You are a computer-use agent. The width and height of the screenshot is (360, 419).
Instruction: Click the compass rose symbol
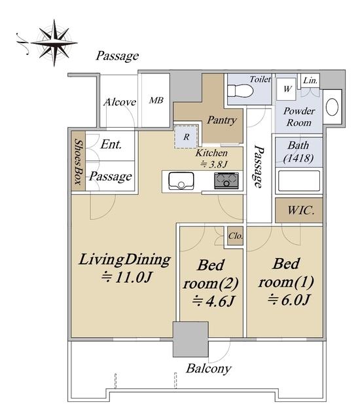pos(54,43)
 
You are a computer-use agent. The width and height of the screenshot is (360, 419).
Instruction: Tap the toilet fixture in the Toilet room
pos(240,92)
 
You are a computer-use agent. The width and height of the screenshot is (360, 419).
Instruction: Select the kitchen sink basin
pos(181,181)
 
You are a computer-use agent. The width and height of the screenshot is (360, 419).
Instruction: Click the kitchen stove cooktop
pos(226,181)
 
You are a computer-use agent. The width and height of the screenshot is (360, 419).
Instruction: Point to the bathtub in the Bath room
pos(299,181)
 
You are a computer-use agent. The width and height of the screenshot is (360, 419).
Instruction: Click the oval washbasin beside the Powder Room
pos(333,107)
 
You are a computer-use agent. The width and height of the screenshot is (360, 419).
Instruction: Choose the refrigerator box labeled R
pos(187,137)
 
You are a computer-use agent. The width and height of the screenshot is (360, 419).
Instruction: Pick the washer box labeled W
pos(287,89)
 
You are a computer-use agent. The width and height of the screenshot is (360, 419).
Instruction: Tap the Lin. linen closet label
pos(311,80)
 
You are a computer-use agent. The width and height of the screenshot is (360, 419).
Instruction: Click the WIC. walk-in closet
pos(299,210)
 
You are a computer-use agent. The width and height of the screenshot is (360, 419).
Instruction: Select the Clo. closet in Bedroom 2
pos(235,236)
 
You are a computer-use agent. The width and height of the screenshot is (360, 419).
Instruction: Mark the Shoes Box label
pos(78,161)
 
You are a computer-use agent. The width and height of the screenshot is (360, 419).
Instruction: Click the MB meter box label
pos(156,100)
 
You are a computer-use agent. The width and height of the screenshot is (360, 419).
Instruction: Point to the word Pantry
pos(222,120)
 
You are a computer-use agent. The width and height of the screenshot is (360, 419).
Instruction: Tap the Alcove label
pos(120,102)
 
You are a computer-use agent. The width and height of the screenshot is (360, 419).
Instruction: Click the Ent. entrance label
pos(111,145)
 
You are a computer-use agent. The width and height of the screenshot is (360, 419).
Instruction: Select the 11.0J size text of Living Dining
pos(126,277)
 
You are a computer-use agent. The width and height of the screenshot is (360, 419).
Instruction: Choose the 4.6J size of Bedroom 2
pos(213,301)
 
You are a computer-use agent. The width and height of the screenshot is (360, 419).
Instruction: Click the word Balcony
pos(209,369)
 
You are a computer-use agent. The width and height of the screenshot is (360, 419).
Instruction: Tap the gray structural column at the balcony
pos(190,339)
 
